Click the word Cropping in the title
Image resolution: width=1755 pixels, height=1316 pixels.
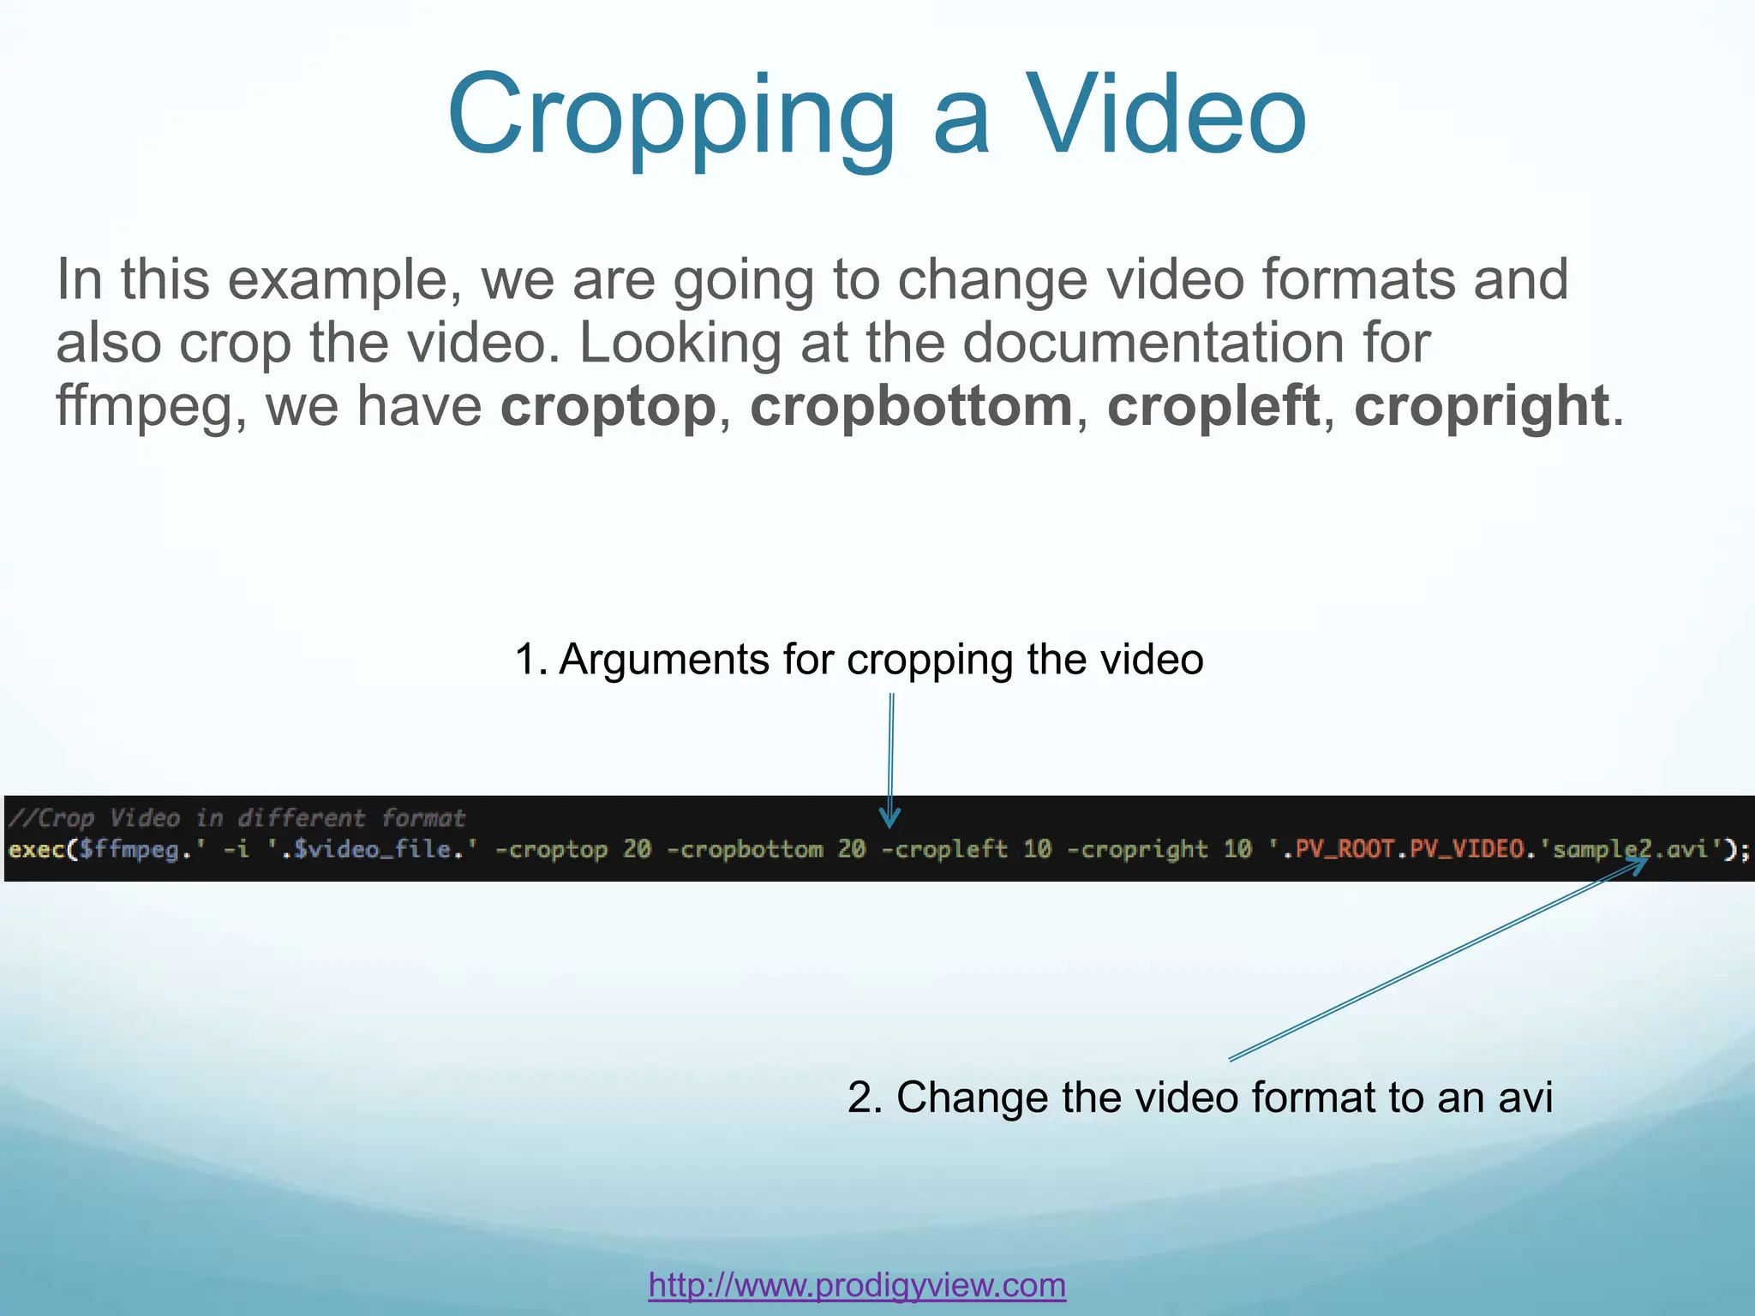pyautogui.click(x=670, y=116)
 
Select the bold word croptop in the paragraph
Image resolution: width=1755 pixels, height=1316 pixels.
pyautogui.click(x=608, y=405)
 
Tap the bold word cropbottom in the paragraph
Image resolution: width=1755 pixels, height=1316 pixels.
pyautogui.click(x=912, y=405)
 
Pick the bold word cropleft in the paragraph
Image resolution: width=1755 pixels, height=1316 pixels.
pyautogui.click(x=1213, y=405)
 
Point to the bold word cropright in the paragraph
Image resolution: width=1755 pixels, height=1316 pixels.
pyautogui.click(x=1481, y=405)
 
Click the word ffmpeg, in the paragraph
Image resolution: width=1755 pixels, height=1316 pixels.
pyautogui.click(x=151, y=405)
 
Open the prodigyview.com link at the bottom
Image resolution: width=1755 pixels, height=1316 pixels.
pyautogui.click(x=857, y=1285)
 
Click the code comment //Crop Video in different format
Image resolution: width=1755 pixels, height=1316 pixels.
pyautogui.click(x=237, y=818)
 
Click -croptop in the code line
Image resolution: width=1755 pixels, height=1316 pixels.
pyautogui.click(x=551, y=850)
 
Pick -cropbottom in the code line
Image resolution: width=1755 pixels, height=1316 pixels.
pyautogui.click(x=744, y=850)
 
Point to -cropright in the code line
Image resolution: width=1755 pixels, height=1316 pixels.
pyautogui.click(x=1137, y=850)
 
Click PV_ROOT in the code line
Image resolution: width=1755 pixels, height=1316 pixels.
pyautogui.click(x=1345, y=850)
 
